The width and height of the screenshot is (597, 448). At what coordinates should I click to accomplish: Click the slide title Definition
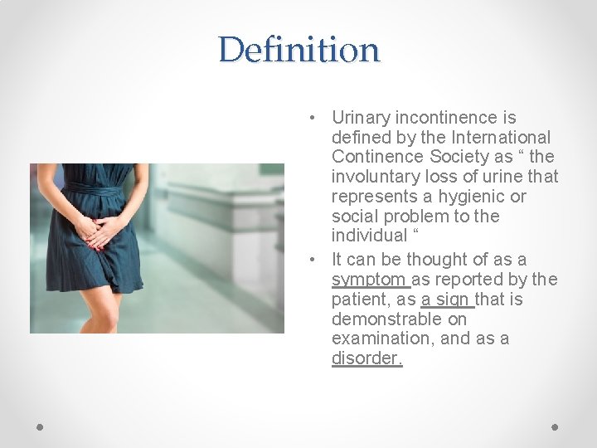298,50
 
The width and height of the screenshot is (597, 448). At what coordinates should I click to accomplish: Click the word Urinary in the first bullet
360,118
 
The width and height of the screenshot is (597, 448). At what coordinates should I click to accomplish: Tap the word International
501,137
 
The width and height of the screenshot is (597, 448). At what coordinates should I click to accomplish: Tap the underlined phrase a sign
447,299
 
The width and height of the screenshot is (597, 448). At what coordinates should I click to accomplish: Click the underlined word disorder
366,358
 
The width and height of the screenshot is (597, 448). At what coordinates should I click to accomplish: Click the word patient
361,299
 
